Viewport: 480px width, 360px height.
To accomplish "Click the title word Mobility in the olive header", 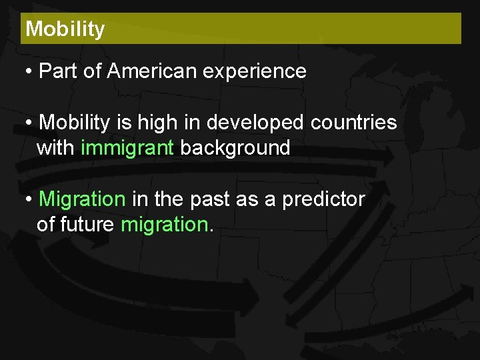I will point(65,29).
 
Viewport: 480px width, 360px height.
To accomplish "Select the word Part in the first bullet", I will point(59,71).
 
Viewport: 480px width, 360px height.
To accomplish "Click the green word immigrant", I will point(127,148).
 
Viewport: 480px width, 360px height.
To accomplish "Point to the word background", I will point(235,148).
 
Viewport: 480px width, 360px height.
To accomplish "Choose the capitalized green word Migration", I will point(82,199).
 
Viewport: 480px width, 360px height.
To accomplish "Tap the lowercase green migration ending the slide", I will point(164,225).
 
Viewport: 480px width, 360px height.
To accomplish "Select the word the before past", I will point(168,199).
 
